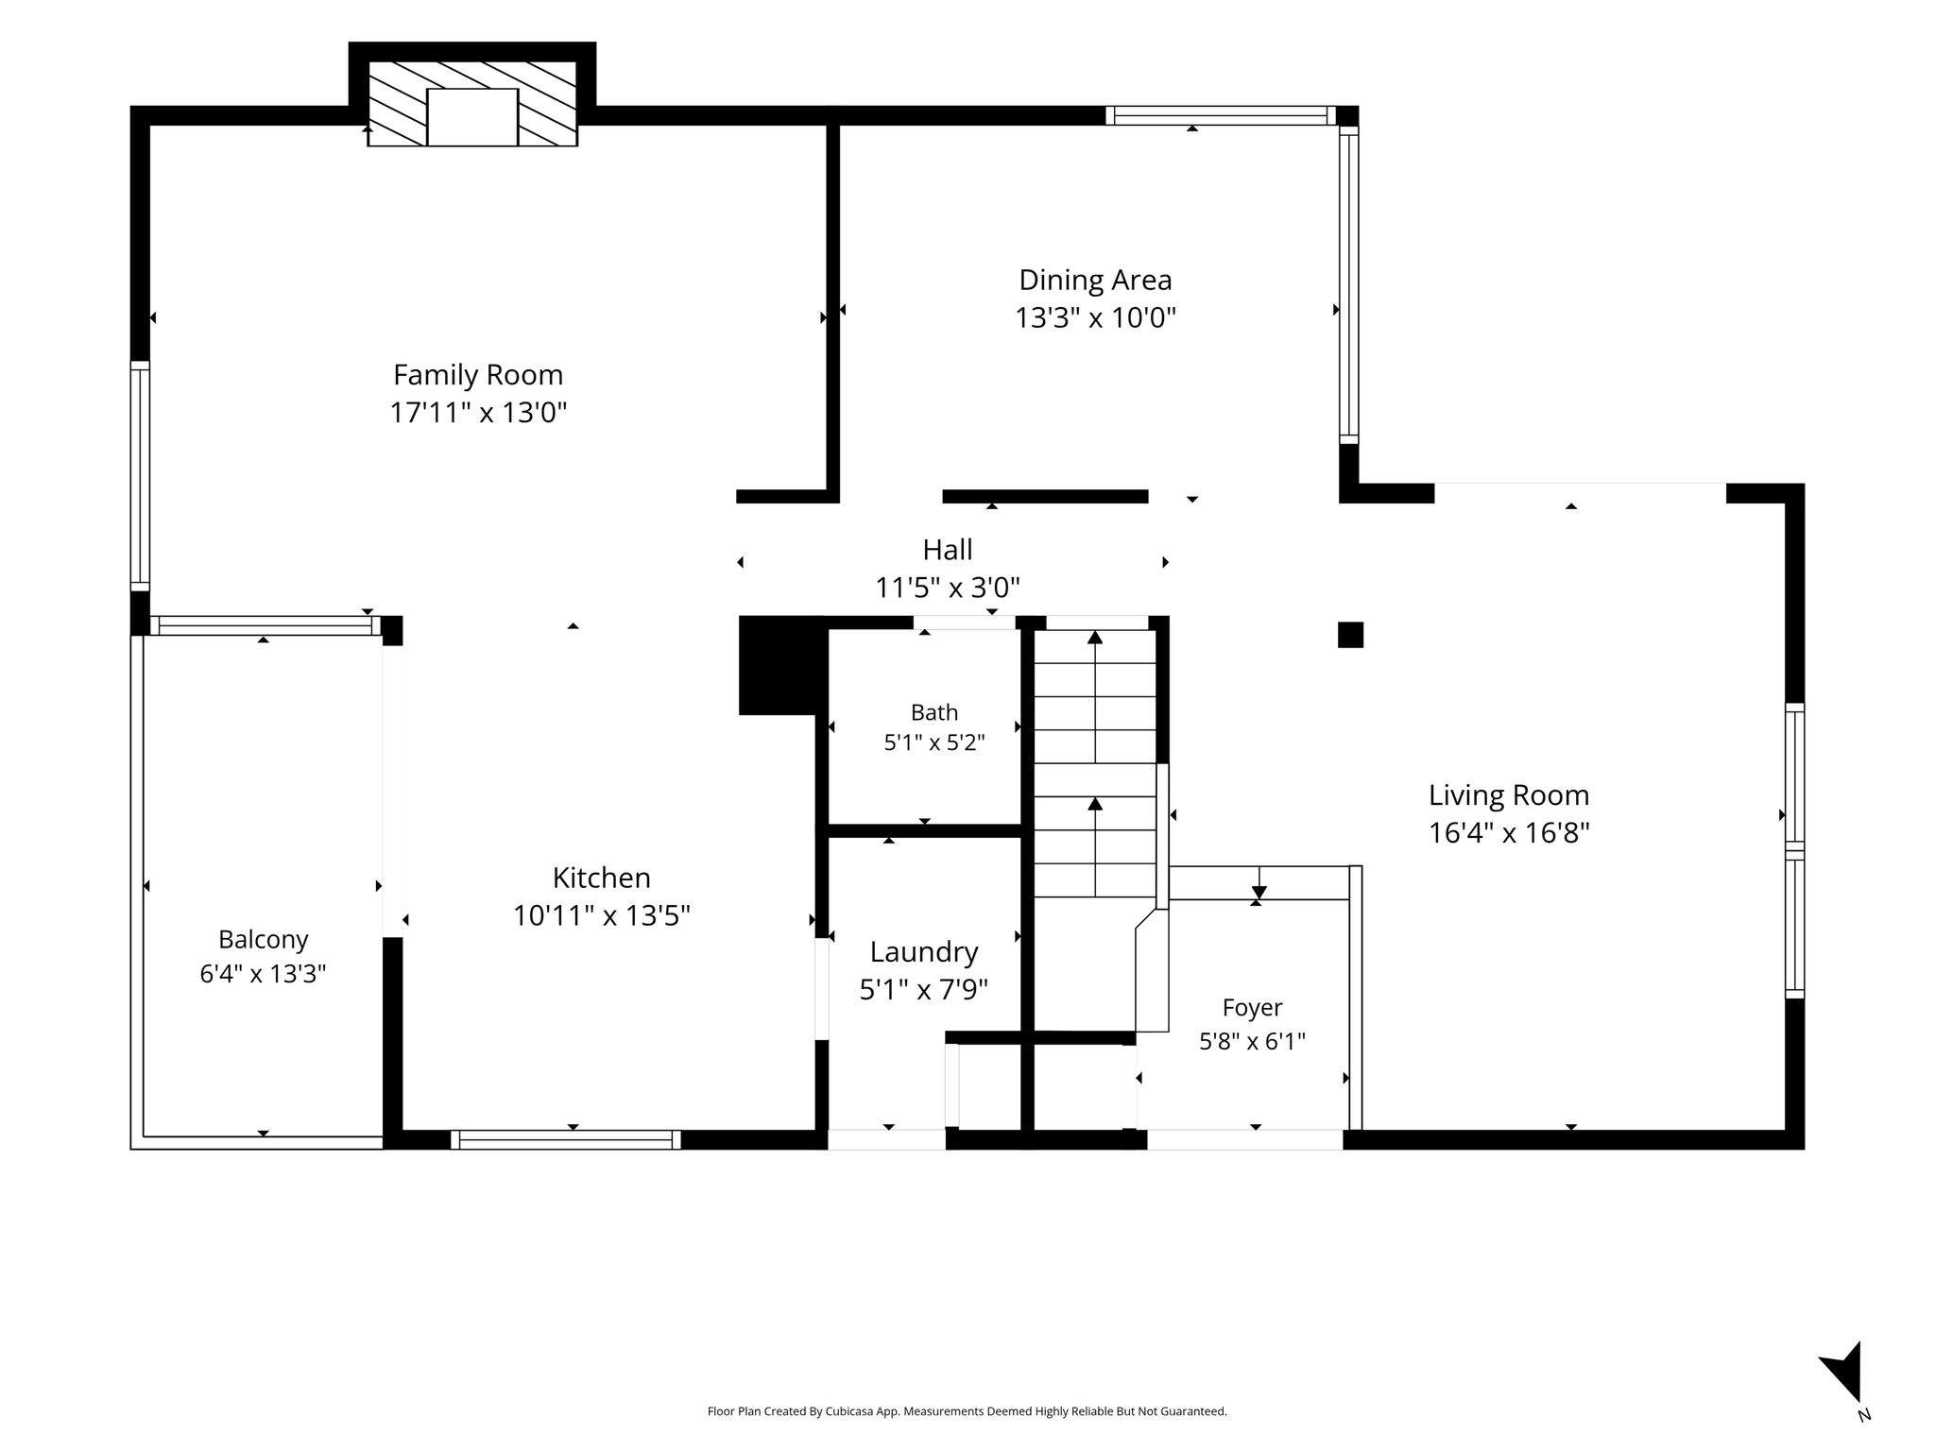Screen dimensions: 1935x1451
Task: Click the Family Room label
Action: (x=478, y=375)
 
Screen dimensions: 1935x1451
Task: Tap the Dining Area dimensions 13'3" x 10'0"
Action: (x=1095, y=317)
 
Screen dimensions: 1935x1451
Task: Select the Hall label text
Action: (x=948, y=549)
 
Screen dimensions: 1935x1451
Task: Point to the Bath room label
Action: (x=934, y=712)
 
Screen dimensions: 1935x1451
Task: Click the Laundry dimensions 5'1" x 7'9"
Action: (x=924, y=989)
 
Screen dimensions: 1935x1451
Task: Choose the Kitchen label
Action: (x=602, y=878)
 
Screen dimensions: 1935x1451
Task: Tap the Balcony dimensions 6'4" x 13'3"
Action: (x=263, y=973)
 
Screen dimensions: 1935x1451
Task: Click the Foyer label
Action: (x=1252, y=1008)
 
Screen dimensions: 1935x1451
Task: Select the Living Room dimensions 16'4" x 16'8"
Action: (x=1509, y=833)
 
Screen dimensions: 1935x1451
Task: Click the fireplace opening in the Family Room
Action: (x=472, y=117)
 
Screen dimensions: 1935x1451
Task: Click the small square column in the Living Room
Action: (x=1350, y=635)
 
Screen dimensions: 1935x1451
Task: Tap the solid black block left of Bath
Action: (x=780, y=665)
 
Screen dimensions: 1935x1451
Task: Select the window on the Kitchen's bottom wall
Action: (x=566, y=1140)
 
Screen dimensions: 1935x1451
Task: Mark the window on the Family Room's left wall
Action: (x=140, y=476)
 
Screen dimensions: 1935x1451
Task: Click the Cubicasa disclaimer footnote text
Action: (x=967, y=1411)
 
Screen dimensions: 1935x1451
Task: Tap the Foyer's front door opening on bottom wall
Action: (x=1244, y=1140)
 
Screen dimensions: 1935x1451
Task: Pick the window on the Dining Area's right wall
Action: (x=1348, y=284)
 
